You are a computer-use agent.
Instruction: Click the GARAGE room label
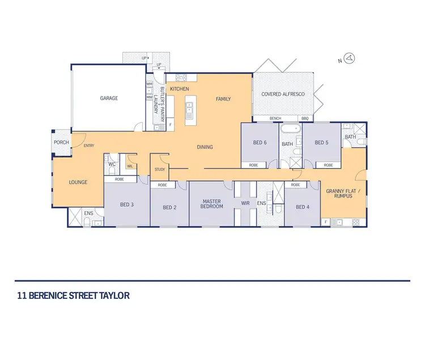click(x=109, y=98)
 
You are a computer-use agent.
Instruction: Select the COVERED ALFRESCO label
click(x=283, y=94)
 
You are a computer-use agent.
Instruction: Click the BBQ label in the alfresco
click(x=305, y=118)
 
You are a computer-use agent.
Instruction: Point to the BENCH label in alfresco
click(x=275, y=118)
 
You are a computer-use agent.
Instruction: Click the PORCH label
click(x=61, y=142)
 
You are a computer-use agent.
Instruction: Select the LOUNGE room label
click(x=78, y=182)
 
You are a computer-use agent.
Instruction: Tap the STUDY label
click(x=159, y=169)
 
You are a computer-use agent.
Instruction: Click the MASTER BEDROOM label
click(x=211, y=204)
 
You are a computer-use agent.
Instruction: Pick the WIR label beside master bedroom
click(x=245, y=202)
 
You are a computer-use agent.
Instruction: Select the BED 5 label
click(x=321, y=143)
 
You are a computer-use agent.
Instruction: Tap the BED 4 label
click(x=303, y=207)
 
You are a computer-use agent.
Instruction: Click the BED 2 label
click(x=169, y=208)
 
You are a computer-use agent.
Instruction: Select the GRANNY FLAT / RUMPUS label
click(x=339, y=194)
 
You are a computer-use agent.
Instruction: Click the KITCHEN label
click(x=179, y=89)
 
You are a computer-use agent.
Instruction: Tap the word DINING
click(x=205, y=147)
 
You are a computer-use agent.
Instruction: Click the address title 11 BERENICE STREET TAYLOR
click(x=74, y=295)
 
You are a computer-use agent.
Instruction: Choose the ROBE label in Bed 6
click(x=253, y=165)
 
